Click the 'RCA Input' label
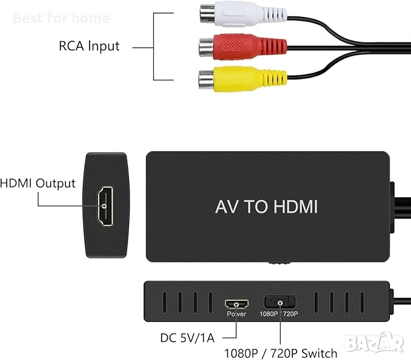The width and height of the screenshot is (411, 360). pos(90,46)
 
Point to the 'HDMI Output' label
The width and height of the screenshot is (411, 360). pos(38,183)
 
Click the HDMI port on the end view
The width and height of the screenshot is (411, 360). pos(105,206)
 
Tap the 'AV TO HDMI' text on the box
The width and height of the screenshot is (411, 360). pos(266,206)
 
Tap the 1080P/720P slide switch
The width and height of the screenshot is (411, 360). pos(279,301)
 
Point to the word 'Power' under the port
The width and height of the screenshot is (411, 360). pos(236,314)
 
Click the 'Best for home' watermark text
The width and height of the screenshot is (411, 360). pos(61,18)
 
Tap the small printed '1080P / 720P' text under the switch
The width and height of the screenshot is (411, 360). pos(279,314)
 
